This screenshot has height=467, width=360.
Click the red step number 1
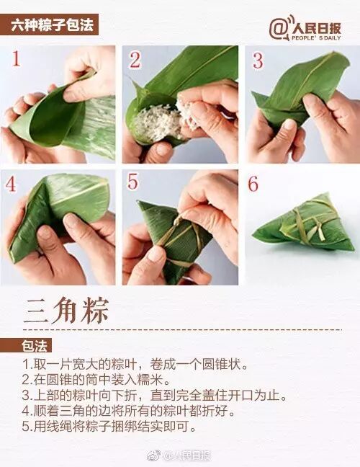coord(16,58)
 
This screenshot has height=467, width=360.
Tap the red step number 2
coord(135,60)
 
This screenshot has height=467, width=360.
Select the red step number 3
coord(258,61)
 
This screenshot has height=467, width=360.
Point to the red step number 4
coord(11,184)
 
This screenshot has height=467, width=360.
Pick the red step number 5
coord(132,182)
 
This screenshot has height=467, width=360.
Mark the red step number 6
coord(253,184)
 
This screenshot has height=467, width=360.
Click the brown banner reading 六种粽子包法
coord(49,25)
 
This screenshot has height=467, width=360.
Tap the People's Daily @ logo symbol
coord(279,28)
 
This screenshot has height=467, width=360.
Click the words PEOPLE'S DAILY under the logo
coord(316,37)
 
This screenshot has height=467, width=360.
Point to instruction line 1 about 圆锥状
coord(135,364)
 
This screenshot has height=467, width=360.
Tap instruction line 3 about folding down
coord(155,396)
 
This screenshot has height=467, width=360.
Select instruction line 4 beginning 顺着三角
coord(129,411)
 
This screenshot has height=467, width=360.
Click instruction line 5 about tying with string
coord(109,427)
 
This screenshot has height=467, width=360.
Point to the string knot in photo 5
coord(178,222)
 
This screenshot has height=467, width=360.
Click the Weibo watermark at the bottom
coord(179,455)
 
